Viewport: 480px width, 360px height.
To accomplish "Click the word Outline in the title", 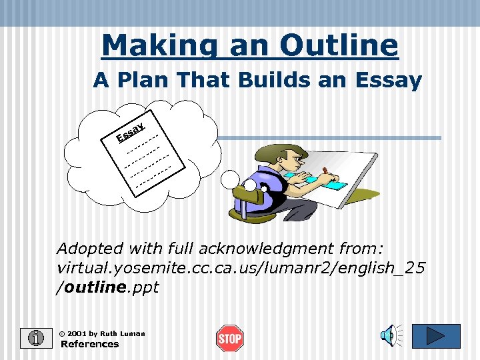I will [x=339, y=45].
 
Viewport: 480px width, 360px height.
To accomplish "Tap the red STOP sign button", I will [x=229, y=339].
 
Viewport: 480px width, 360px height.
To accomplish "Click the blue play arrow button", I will [x=436, y=335].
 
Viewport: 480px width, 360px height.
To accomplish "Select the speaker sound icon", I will [x=391, y=335].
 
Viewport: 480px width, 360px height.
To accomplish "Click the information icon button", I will [x=35, y=339].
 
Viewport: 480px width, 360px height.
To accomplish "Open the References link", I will [x=89, y=345].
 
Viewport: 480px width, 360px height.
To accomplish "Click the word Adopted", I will [x=90, y=249].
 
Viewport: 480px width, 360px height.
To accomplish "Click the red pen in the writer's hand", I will [x=325, y=171].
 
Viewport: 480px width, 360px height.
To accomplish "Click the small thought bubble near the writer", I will [x=230, y=178].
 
